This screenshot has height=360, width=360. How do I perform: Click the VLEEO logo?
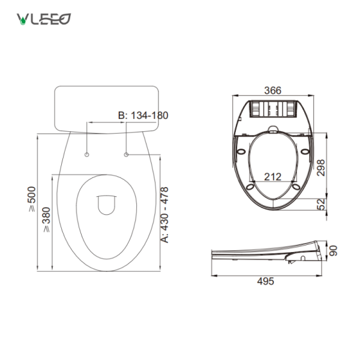(43, 19)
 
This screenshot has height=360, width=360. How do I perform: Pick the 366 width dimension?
(273, 91)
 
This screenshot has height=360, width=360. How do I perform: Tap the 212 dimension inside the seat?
(274, 176)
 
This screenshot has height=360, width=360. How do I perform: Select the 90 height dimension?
(334, 250)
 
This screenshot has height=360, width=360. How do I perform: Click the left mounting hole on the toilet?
(88, 155)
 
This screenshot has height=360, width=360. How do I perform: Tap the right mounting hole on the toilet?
(127, 155)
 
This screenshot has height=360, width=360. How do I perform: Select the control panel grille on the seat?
(273, 109)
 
